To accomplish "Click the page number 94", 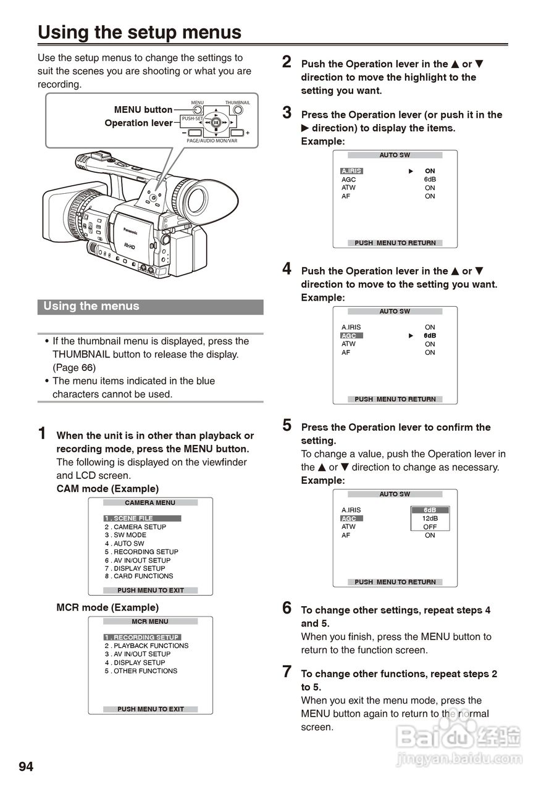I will [26, 767].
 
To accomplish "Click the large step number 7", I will [287, 672].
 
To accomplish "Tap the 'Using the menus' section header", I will [91, 306].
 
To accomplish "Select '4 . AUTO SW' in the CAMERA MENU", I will [124, 544].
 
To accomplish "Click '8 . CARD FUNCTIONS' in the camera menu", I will [139, 576].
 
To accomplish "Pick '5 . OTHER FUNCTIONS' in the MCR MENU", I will [141, 671].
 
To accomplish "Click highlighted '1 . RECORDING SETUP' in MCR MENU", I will [142, 637].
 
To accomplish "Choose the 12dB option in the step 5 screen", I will [430, 518].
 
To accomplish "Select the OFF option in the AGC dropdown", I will [430, 527].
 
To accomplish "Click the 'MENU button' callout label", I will [143, 110].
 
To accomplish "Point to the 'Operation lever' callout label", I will [138, 123].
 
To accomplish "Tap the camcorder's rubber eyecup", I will [199, 199].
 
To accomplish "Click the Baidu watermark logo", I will [458, 736].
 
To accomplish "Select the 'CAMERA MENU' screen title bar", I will [150, 503].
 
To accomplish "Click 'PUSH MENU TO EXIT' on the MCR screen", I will [151, 709].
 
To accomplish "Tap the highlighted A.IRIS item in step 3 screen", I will [351, 171].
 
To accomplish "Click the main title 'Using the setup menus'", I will [140, 32].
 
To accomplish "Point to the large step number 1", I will [42, 433].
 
